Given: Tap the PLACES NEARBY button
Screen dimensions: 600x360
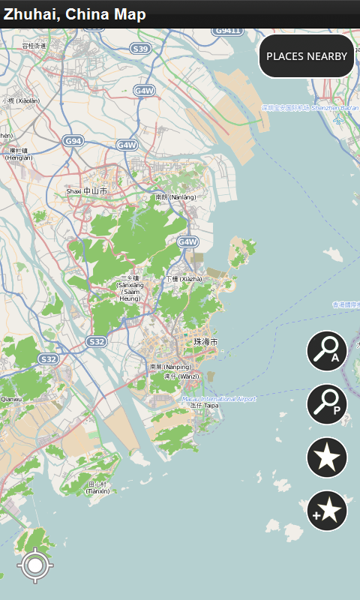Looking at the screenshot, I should tap(307, 56).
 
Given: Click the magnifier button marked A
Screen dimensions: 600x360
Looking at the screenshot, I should tap(327, 351).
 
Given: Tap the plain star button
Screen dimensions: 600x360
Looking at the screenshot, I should tap(327, 457).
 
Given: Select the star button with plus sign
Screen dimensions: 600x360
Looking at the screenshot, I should tap(327, 510).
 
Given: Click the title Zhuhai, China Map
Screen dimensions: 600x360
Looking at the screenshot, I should tap(75, 14).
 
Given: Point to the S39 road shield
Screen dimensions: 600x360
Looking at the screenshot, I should tap(140, 49).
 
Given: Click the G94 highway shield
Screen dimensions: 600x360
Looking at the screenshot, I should tap(73, 140).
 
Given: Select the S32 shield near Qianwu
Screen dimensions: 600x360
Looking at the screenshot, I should tap(49, 359).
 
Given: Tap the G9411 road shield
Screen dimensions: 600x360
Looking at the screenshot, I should tap(227, 31).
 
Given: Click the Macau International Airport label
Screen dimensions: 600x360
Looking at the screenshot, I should tap(218, 399).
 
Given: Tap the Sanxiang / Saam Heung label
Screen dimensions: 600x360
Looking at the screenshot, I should tap(130, 288).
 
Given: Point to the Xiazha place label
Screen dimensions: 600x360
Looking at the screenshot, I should tap(184, 279).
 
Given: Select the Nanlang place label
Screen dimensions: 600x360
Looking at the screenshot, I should tap(175, 197).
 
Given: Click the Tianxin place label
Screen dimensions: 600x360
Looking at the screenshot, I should tap(98, 487).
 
